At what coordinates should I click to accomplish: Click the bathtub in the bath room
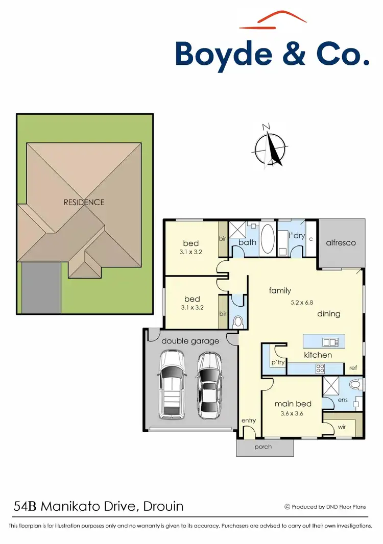pyautogui.click(x=267, y=238)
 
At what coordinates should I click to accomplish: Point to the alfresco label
pyautogui.click(x=341, y=242)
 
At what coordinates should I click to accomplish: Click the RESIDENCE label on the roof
pyautogui.click(x=84, y=202)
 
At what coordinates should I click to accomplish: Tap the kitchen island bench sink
pyautogui.click(x=330, y=342)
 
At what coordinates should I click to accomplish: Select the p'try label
pyautogui.click(x=278, y=362)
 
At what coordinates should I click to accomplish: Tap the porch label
pyautogui.click(x=264, y=447)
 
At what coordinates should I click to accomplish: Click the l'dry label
pyautogui.click(x=297, y=236)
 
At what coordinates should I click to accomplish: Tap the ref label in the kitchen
pyautogui.click(x=353, y=367)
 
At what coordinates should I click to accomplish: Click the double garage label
pyautogui.click(x=190, y=341)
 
